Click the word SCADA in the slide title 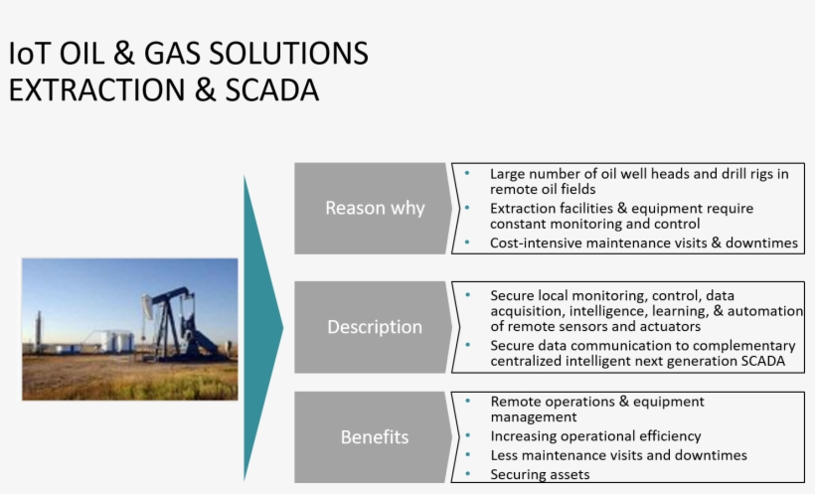coord(270,90)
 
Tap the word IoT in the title coord(29,54)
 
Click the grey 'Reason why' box coord(374,208)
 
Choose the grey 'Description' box coord(374,327)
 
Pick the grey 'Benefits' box coord(374,437)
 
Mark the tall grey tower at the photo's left coord(39,331)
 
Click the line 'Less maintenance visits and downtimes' coord(618,455)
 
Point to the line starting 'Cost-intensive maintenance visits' coord(643,243)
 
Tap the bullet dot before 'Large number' coord(468,173)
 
